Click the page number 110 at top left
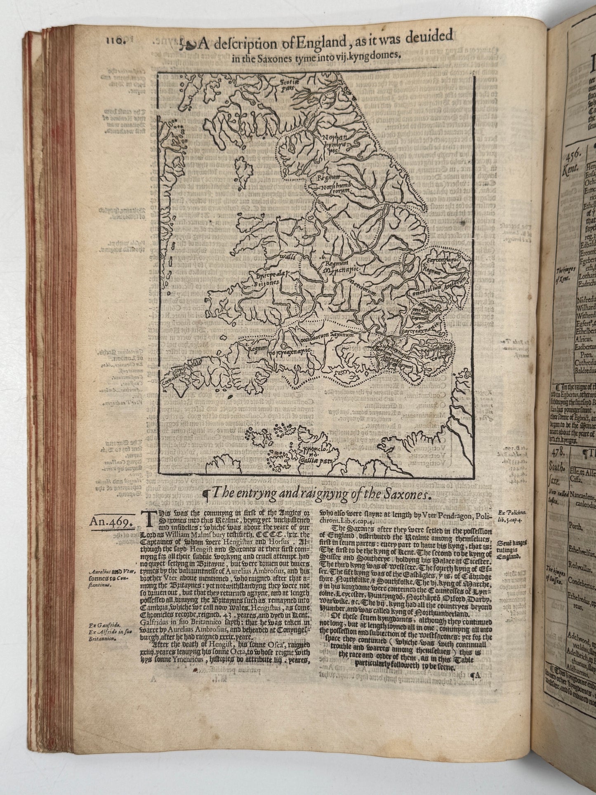112,40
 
